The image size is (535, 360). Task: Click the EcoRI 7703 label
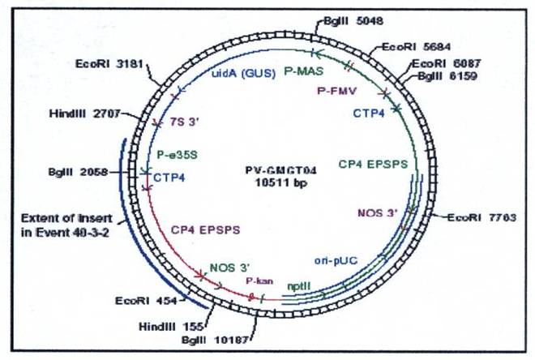(473, 217)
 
